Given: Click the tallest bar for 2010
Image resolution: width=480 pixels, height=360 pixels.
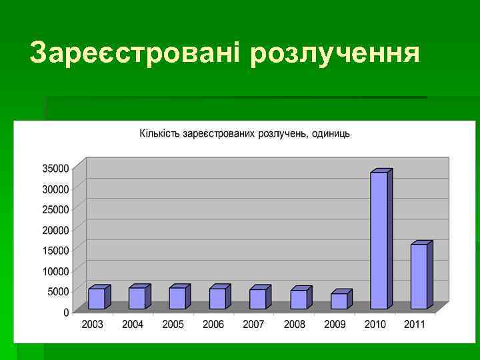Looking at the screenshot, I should [x=379, y=240].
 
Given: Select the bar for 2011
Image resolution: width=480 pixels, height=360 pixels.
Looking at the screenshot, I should [x=419, y=276].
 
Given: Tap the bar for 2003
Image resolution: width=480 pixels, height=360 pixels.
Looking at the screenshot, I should [x=97, y=298].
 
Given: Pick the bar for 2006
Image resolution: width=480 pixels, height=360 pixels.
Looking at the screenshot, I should [x=217, y=298].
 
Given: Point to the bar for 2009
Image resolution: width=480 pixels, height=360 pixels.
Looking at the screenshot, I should [x=339, y=301].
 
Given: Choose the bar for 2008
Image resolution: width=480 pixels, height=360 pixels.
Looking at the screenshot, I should [x=299, y=299].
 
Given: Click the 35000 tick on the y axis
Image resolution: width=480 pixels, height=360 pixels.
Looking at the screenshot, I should [x=56, y=168].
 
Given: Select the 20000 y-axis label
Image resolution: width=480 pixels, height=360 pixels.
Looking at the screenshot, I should [x=56, y=230].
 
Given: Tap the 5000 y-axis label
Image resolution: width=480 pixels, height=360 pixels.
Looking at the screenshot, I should [x=58, y=291].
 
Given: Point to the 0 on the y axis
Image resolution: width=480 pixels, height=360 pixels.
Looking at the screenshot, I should [x=66, y=312].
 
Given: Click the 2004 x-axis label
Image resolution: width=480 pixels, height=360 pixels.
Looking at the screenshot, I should [x=133, y=325].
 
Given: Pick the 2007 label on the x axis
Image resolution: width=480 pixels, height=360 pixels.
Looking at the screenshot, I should [x=253, y=325].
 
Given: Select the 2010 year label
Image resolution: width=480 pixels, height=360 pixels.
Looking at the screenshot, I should [x=375, y=325].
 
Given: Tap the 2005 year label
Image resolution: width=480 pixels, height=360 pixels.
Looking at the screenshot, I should [x=173, y=325].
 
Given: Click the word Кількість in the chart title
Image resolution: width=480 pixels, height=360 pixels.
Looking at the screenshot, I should [x=158, y=133].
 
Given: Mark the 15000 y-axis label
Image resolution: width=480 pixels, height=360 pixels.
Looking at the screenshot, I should [x=56, y=250].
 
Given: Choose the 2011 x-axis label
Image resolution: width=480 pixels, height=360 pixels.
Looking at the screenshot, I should [x=415, y=325].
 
